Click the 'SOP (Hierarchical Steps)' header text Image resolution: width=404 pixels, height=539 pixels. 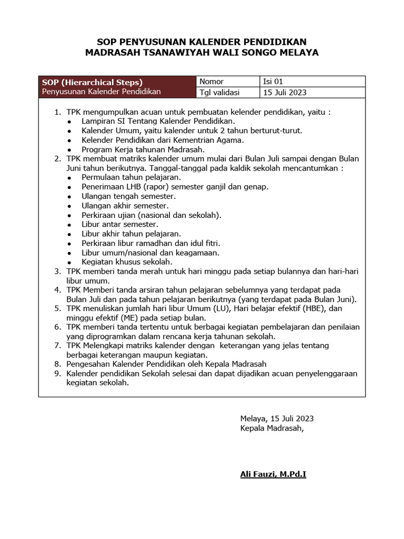pyautogui.click(x=92, y=82)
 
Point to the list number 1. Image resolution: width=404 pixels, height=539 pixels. pyautogui.click(x=58, y=112)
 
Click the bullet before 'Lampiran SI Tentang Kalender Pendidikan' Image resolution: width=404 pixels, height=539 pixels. pyautogui.click(x=70, y=122)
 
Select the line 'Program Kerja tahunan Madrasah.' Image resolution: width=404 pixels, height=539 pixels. pyautogui.click(x=143, y=149)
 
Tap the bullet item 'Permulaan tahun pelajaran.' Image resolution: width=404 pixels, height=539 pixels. pyautogui.click(x=130, y=177)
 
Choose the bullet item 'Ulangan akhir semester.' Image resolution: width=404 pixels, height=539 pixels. pyautogui.click(x=125, y=206)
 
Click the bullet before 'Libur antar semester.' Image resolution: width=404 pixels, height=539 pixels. pyautogui.click(x=70, y=225)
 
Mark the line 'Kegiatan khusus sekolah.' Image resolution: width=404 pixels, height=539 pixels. pyautogui.click(x=127, y=262)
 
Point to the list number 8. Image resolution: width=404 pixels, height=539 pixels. pyautogui.click(x=58, y=364)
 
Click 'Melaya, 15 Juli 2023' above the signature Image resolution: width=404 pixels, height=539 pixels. pyautogui.click(x=277, y=419)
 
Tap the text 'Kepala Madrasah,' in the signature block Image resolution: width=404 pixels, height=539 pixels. pyautogui.click(x=271, y=428)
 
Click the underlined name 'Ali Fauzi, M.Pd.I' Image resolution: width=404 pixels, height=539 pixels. pyautogui.click(x=273, y=475)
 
